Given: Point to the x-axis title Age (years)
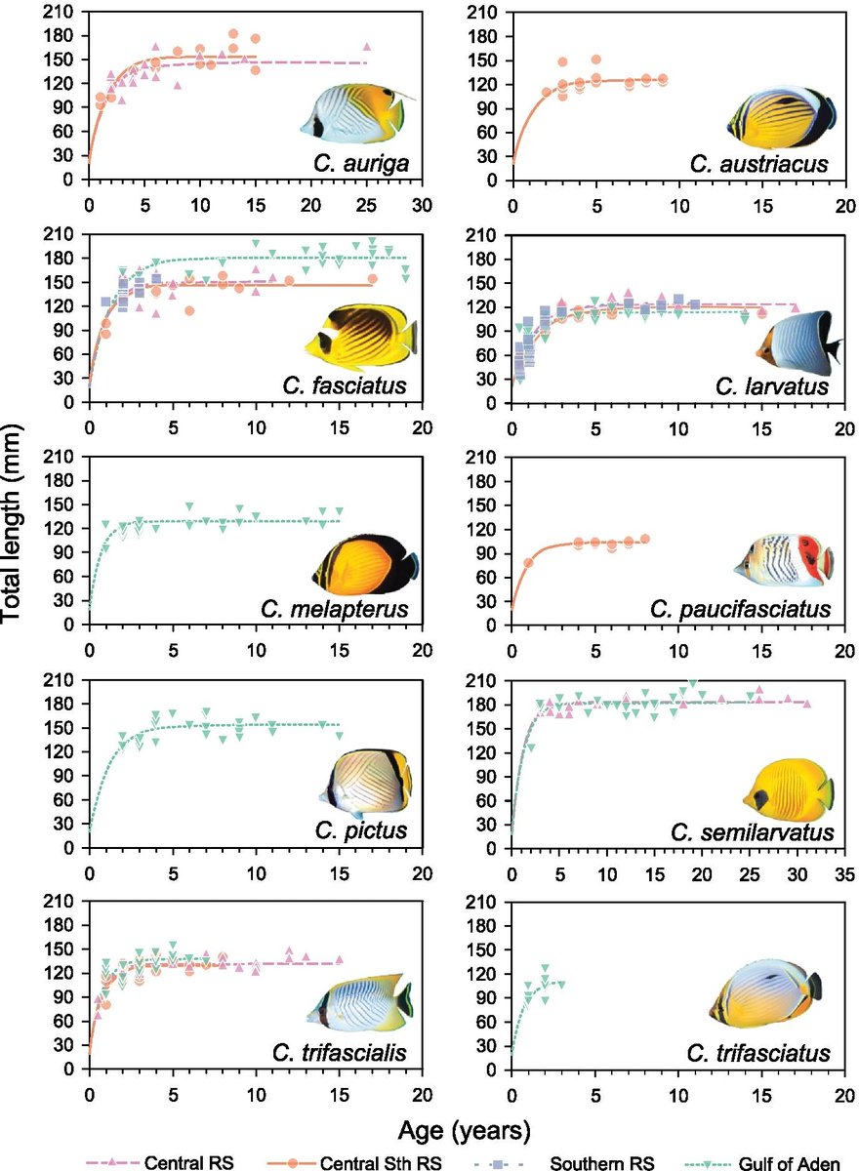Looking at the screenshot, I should click(464, 1129).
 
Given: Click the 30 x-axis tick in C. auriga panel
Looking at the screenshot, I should click(423, 206).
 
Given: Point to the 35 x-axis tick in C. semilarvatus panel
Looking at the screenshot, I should click(844, 872).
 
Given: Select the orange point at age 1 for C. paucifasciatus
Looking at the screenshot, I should click(528, 563).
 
